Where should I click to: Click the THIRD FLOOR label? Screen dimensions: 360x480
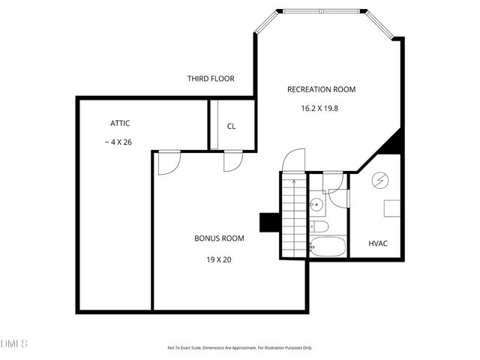210,78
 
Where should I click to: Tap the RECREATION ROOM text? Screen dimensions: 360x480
321,89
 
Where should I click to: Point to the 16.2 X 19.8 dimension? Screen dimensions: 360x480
320,108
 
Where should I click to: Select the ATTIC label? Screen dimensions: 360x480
121,123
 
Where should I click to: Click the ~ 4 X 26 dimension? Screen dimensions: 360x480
118,142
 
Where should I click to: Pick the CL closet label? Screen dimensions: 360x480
231,126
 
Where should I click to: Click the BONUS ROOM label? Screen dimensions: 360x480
219,238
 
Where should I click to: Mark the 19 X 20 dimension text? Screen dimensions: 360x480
219,259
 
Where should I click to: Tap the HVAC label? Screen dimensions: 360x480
378,244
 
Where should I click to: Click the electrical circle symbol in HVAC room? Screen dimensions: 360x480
379,181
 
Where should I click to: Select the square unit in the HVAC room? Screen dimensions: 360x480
393,208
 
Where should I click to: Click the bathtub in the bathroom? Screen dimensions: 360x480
328,245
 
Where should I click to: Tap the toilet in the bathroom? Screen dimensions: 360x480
319,226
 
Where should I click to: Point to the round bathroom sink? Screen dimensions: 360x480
317,204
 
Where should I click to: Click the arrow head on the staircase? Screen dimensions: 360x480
294,181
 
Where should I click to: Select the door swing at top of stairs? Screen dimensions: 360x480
294,160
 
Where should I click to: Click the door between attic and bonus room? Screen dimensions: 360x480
168,163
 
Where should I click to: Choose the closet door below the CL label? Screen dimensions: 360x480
232,161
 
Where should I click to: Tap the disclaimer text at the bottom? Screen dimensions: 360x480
240,348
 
